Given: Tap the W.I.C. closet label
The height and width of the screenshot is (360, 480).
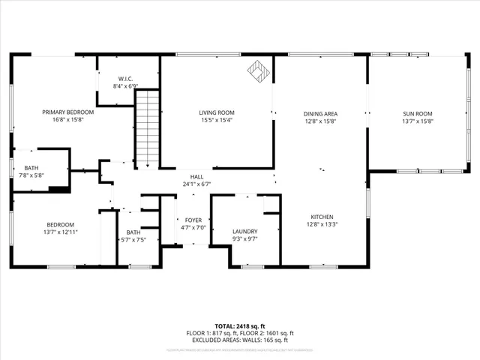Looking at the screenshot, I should pos(125,79).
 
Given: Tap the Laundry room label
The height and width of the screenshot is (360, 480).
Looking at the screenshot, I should pos(244,231).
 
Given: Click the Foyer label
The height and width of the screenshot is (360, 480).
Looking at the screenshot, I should pos(193,220).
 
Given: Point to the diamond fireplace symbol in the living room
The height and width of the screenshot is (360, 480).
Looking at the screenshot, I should pos(259,72).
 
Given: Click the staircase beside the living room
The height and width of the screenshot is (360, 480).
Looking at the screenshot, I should pos(148,127).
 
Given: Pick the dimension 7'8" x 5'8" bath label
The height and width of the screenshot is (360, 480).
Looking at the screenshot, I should pos(31,175).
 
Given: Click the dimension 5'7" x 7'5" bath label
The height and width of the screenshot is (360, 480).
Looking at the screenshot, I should pos(133,240).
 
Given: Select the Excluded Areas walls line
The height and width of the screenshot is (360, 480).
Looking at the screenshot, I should pos(239,340).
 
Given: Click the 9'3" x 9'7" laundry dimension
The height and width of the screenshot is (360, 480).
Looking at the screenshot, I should pos(244,238).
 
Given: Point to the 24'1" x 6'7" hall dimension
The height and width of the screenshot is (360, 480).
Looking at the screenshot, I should pos(196,183).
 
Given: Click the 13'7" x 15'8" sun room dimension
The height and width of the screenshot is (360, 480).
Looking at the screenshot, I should pos(418,121).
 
